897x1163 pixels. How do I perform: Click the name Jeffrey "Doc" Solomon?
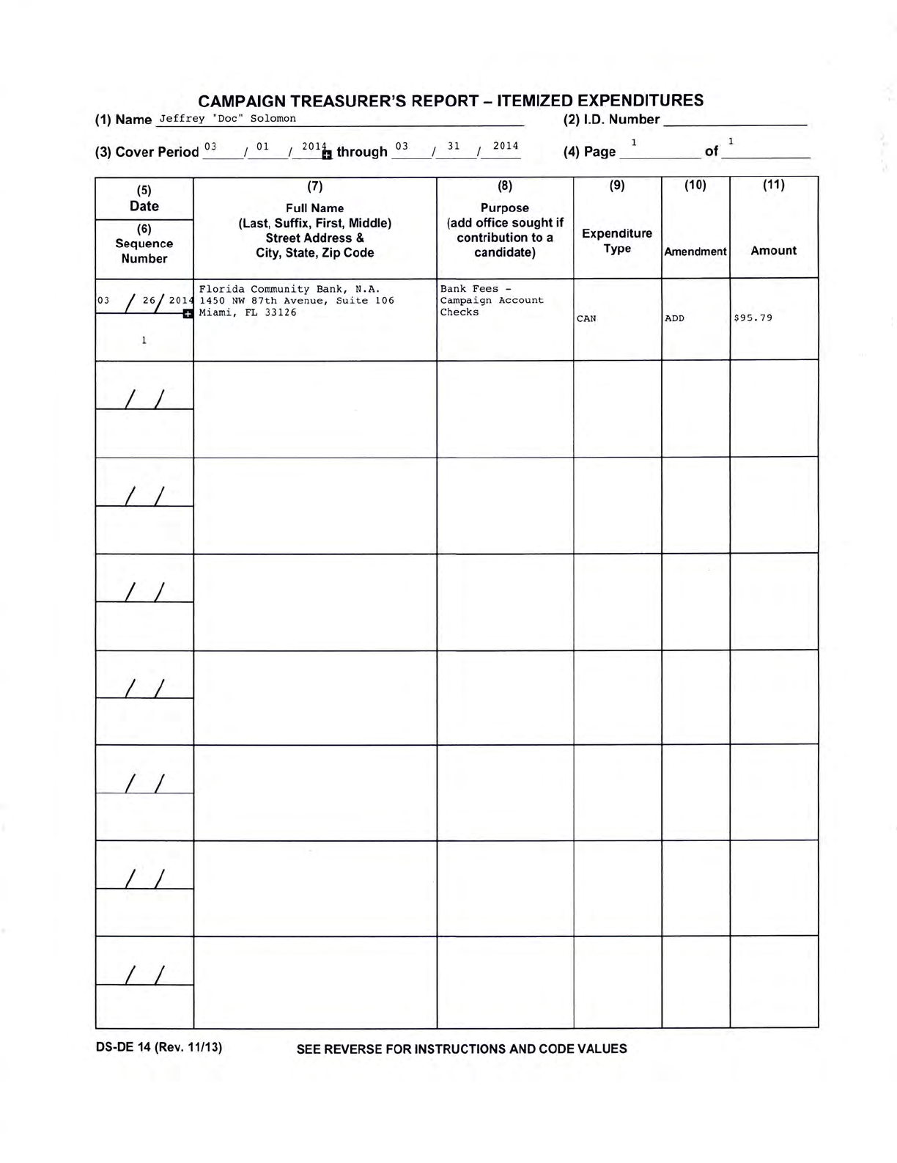(x=228, y=119)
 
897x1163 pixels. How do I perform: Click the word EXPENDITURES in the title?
(x=640, y=100)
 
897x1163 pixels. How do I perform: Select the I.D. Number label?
(x=611, y=120)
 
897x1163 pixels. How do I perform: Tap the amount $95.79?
(x=753, y=318)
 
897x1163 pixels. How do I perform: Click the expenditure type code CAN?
(x=586, y=319)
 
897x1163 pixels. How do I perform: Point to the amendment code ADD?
(x=674, y=319)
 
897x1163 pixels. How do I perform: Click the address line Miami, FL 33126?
(x=248, y=312)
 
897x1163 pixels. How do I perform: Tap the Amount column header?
(x=773, y=251)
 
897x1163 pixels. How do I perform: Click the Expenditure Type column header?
(x=617, y=241)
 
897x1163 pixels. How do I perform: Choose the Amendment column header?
(x=695, y=252)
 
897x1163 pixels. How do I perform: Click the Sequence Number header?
(x=144, y=251)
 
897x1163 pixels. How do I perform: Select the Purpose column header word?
(x=504, y=208)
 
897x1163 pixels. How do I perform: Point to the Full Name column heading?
(x=315, y=208)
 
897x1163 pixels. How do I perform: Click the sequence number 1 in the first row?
(x=144, y=340)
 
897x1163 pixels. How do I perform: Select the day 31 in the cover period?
(x=454, y=146)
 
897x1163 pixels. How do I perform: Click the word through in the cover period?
(x=361, y=152)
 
